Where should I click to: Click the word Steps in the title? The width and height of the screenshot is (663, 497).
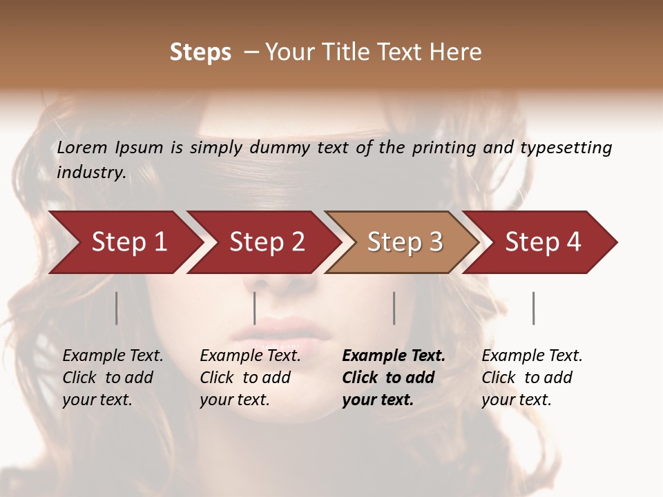click(x=200, y=52)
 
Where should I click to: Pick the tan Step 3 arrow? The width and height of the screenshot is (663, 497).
click(x=405, y=242)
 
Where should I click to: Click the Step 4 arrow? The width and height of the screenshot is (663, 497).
click(x=543, y=242)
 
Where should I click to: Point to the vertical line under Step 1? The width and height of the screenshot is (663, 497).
click(x=116, y=308)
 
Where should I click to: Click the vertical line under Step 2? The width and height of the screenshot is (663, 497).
click(x=255, y=308)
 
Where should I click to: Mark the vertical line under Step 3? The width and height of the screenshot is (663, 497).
click(x=394, y=308)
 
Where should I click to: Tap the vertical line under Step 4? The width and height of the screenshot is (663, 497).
click(x=533, y=308)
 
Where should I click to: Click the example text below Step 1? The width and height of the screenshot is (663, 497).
click(x=113, y=378)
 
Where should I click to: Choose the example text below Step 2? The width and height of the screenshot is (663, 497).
click(x=250, y=378)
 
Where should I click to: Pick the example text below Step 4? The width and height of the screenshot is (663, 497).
click(x=532, y=378)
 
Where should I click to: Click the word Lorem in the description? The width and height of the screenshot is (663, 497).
click(x=82, y=148)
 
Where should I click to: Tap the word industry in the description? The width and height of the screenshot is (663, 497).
click(x=90, y=173)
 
